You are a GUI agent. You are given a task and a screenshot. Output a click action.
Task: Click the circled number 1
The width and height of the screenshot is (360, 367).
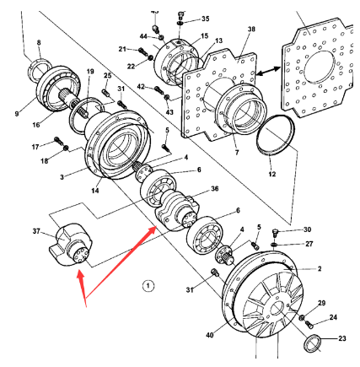coord(148,285)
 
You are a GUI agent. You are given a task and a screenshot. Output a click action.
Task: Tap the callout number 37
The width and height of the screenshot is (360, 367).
coord(36,232)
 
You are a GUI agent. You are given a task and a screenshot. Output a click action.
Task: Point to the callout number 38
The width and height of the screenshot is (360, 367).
coord(250,29)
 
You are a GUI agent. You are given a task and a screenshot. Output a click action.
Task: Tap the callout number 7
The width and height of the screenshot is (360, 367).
coord(237,153)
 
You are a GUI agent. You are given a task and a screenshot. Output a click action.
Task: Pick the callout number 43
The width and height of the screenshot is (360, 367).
coord(169,111)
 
